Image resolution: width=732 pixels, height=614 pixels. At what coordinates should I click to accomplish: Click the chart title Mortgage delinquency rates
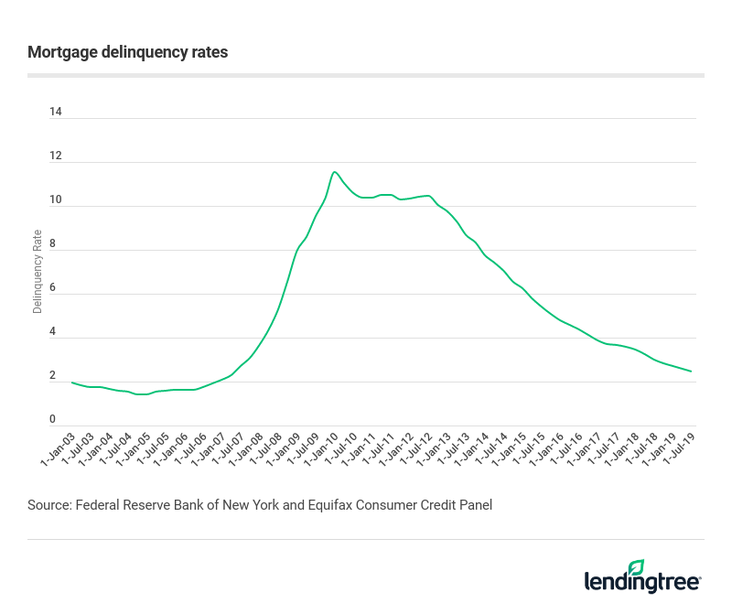(x=128, y=52)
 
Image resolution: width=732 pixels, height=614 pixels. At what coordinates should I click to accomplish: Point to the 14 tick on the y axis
(x=56, y=113)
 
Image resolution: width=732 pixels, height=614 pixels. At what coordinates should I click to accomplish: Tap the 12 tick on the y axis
(x=56, y=156)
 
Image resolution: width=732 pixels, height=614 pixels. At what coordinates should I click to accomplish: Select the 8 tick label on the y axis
(x=53, y=244)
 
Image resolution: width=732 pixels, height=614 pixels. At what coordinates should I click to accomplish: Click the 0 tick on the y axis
(x=53, y=420)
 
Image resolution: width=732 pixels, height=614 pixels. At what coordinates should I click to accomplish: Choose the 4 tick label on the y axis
(x=53, y=332)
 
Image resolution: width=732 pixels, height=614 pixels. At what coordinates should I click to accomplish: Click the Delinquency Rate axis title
(x=38, y=271)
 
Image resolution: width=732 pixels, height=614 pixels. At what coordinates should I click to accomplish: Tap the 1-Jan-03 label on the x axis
(x=56, y=449)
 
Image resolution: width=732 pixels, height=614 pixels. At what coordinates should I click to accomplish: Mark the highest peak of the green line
(x=335, y=172)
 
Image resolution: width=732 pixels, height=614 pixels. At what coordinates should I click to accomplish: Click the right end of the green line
(x=691, y=372)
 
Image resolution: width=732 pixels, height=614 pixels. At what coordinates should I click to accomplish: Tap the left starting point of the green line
(x=72, y=382)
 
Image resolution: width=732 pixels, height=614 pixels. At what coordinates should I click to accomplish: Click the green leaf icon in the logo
(x=637, y=567)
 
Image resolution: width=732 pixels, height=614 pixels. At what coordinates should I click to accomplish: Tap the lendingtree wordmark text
(x=642, y=582)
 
